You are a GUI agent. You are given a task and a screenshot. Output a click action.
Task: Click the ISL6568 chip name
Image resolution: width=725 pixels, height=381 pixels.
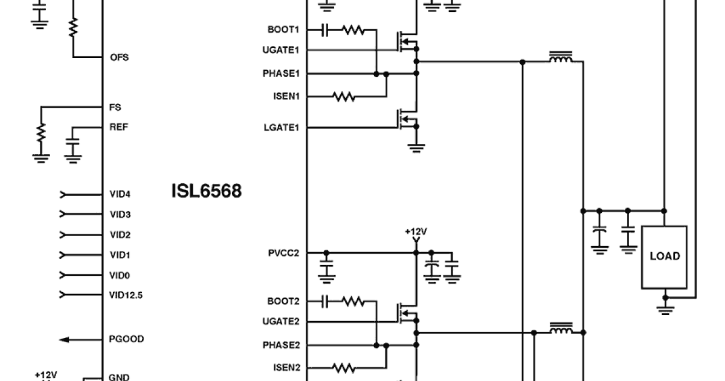click(x=206, y=191)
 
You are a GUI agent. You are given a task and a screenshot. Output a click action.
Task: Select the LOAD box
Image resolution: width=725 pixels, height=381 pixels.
click(x=664, y=256)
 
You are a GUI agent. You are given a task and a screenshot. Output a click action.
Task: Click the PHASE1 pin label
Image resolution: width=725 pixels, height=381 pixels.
click(x=281, y=73)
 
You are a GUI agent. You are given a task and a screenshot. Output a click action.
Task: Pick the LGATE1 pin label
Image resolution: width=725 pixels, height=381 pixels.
click(x=283, y=127)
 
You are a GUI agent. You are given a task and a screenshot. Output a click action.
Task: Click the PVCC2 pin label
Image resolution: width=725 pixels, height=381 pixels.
click(x=283, y=252)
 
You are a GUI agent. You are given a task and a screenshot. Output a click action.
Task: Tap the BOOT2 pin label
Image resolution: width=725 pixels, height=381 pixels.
click(x=284, y=301)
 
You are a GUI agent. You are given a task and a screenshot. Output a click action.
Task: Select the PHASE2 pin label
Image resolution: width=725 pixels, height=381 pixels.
click(x=281, y=345)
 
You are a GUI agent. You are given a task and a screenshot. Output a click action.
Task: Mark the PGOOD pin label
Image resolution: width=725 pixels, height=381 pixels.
click(x=126, y=339)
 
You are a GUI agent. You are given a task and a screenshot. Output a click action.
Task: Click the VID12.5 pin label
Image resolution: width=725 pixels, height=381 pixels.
click(x=126, y=295)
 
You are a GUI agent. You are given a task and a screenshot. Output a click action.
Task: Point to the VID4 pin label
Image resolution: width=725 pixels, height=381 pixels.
click(x=120, y=194)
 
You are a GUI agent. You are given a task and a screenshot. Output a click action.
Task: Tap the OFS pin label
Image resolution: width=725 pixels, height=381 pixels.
click(x=119, y=57)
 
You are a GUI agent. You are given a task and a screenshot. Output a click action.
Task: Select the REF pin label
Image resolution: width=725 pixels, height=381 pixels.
click(x=118, y=127)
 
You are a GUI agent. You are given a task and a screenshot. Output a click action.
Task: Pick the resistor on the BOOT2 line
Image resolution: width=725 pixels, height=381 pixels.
click(x=353, y=301)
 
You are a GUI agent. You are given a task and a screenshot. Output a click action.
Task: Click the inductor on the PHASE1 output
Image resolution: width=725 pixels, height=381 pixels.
click(x=561, y=59)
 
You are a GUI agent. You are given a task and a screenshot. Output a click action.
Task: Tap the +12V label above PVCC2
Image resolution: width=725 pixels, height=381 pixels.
click(x=416, y=232)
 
